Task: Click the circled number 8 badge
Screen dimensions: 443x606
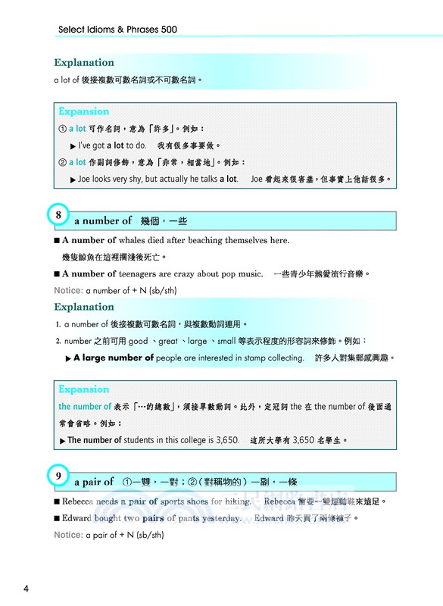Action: coord(59,215)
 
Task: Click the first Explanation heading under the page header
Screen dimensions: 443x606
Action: coord(84,63)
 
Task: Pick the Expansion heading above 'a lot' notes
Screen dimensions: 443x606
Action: coord(84,111)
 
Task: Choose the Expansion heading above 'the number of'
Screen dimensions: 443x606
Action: coord(84,389)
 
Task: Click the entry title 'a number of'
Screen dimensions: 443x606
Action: coord(103,221)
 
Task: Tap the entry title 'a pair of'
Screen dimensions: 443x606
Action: coord(94,482)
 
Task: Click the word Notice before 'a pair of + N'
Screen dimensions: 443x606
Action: coord(68,536)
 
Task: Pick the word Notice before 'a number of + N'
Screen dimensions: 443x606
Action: coord(68,291)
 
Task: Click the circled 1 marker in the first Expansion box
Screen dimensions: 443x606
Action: coord(62,129)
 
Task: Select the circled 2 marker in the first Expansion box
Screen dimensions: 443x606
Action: coord(62,163)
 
